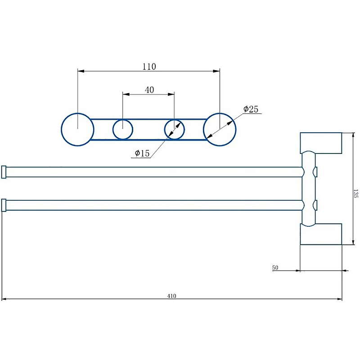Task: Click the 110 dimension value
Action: (x=149, y=67)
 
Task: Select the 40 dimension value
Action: (x=149, y=90)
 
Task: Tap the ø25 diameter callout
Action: (x=251, y=109)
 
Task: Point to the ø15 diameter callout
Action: (x=142, y=153)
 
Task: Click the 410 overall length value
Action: (x=171, y=296)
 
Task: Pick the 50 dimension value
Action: (x=275, y=267)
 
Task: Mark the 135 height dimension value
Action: (x=355, y=193)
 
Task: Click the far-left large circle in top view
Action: (x=77, y=130)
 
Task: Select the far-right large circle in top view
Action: (x=220, y=130)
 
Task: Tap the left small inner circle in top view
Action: (x=122, y=130)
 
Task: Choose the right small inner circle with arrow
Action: (x=175, y=130)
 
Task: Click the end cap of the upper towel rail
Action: (x=4, y=172)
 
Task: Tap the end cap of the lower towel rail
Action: (x=4, y=205)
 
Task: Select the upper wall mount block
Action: (x=321, y=143)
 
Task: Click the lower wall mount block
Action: (x=321, y=234)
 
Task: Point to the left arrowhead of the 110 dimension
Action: (x=81, y=71)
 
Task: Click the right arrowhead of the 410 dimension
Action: (x=339, y=299)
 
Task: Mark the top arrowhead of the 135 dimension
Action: (x=353, y=136)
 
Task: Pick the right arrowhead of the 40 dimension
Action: (x=171, y=94)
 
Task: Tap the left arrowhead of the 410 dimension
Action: (x=4, y=299)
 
